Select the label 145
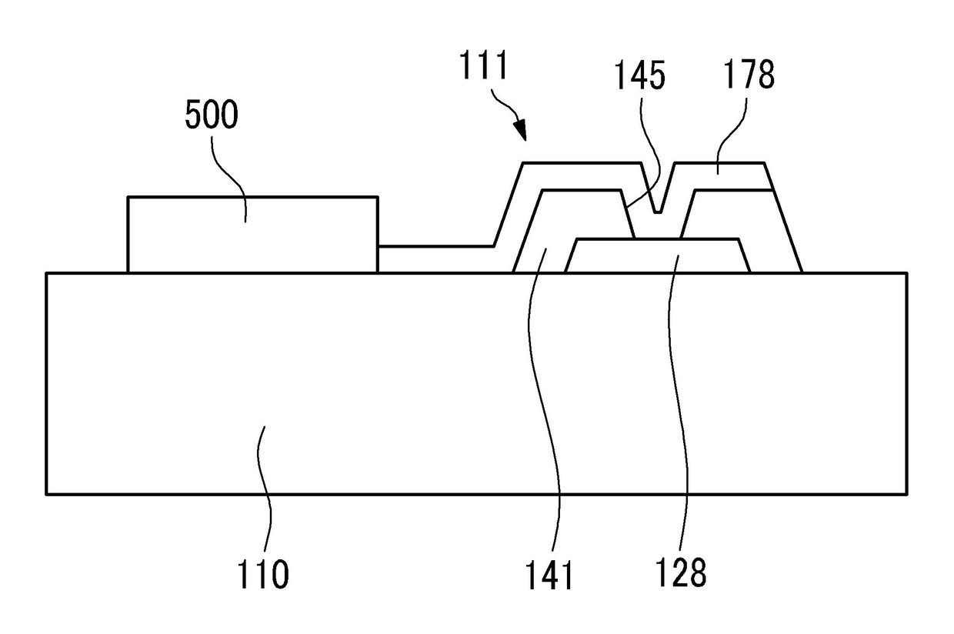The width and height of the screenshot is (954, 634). (x=640, y=78)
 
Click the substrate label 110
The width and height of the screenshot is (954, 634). (x=262, y=574)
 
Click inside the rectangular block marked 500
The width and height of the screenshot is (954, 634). (x=252, y=235)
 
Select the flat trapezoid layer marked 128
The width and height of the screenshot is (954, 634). (x=658, y=255)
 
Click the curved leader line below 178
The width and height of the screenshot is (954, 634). (x=735, y=131)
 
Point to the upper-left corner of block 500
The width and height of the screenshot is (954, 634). (x=128, y=198)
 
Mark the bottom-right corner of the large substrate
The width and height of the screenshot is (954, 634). (x=907, y=493)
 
